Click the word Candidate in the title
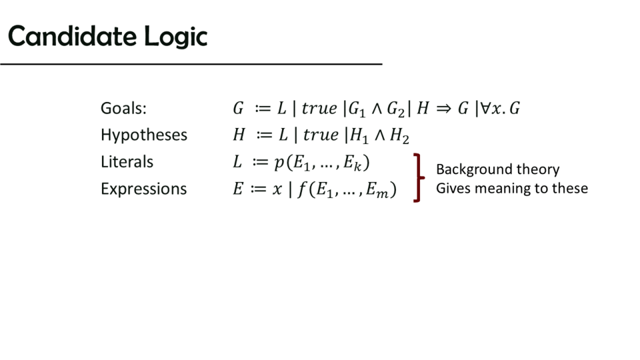point(72,36)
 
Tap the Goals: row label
point(123,108)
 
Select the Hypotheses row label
point(144,135)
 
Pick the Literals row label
point(127,161)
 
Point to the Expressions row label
point(144,189)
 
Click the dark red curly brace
point(419,177)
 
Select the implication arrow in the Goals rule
point(443,109)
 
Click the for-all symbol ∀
point(485,108)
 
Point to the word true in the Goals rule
point(319,108)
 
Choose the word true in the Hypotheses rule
point(321,135)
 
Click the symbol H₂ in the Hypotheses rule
point(399,135)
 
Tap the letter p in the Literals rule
point(279,163)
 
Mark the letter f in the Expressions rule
point(302,189)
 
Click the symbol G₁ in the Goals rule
point(357,109)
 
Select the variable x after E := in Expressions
point(277,189)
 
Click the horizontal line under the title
point(191,64)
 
